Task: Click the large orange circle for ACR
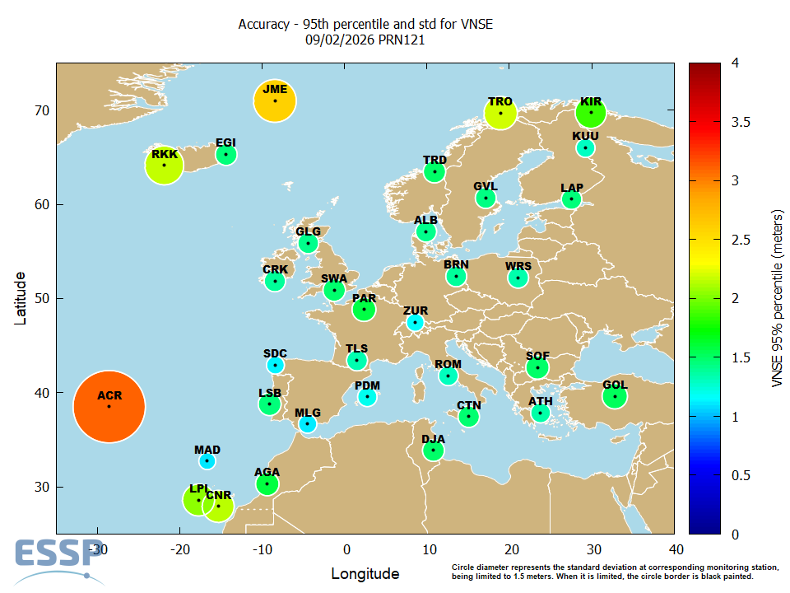109,406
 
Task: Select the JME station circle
275,101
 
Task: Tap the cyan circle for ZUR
416,322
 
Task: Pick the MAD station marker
207,461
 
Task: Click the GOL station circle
615,396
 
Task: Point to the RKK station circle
164,165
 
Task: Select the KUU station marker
585,148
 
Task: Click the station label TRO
500,101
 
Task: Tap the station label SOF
537,356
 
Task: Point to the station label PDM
367,385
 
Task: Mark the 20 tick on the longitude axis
511,549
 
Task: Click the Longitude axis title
365,574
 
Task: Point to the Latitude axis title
22,298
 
